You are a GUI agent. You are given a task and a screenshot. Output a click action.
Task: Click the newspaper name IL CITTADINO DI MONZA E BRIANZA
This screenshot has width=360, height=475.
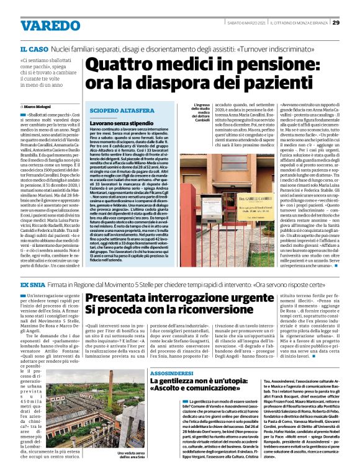click(x=299, y=23)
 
